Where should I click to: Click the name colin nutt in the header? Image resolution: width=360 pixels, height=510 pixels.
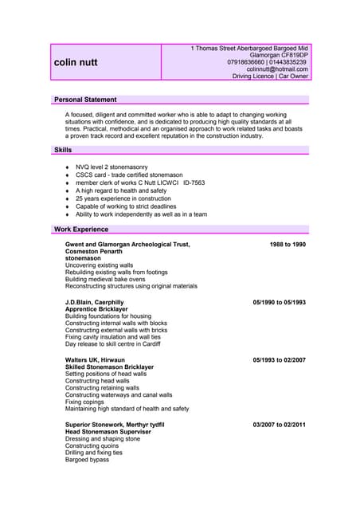pos(76,61)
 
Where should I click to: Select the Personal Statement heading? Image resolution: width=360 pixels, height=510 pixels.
pos(85,100)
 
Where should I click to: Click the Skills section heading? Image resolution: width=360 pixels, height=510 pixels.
pos(63,150)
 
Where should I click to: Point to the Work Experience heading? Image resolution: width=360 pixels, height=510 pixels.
pos(81,229)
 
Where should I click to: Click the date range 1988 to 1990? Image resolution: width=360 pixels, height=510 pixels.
pos(287,244)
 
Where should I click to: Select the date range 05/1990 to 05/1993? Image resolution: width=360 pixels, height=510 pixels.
pos(279,303)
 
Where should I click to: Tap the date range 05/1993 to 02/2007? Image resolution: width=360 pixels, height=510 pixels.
pos(279,359)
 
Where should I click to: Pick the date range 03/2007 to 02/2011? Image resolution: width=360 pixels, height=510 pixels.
pos(279,425)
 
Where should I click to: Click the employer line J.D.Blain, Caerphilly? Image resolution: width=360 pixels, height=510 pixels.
pos(95,303)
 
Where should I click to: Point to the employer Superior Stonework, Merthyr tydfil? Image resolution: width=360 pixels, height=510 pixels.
pos(115,425)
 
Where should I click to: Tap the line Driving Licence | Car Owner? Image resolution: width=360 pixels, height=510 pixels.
pos(270,76)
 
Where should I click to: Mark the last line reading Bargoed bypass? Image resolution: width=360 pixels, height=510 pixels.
pos(87,460)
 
